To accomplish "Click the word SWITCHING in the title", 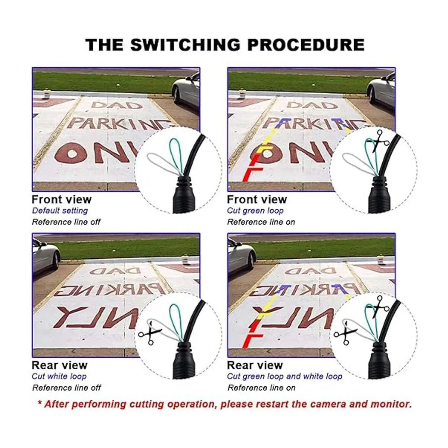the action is (185, 45).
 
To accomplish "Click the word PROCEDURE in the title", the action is (306, 45).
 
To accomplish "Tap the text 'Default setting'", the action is (60, 211).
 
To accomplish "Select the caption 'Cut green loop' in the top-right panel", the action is (255, 211).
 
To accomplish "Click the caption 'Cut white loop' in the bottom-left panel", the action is (59, 376).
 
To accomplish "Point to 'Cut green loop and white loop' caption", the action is (284, 376).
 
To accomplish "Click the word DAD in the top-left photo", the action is (117, 105).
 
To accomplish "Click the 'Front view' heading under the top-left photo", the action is (62, 199).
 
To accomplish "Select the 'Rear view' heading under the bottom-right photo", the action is (255, 365).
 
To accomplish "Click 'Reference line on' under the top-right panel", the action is (261, 222).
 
